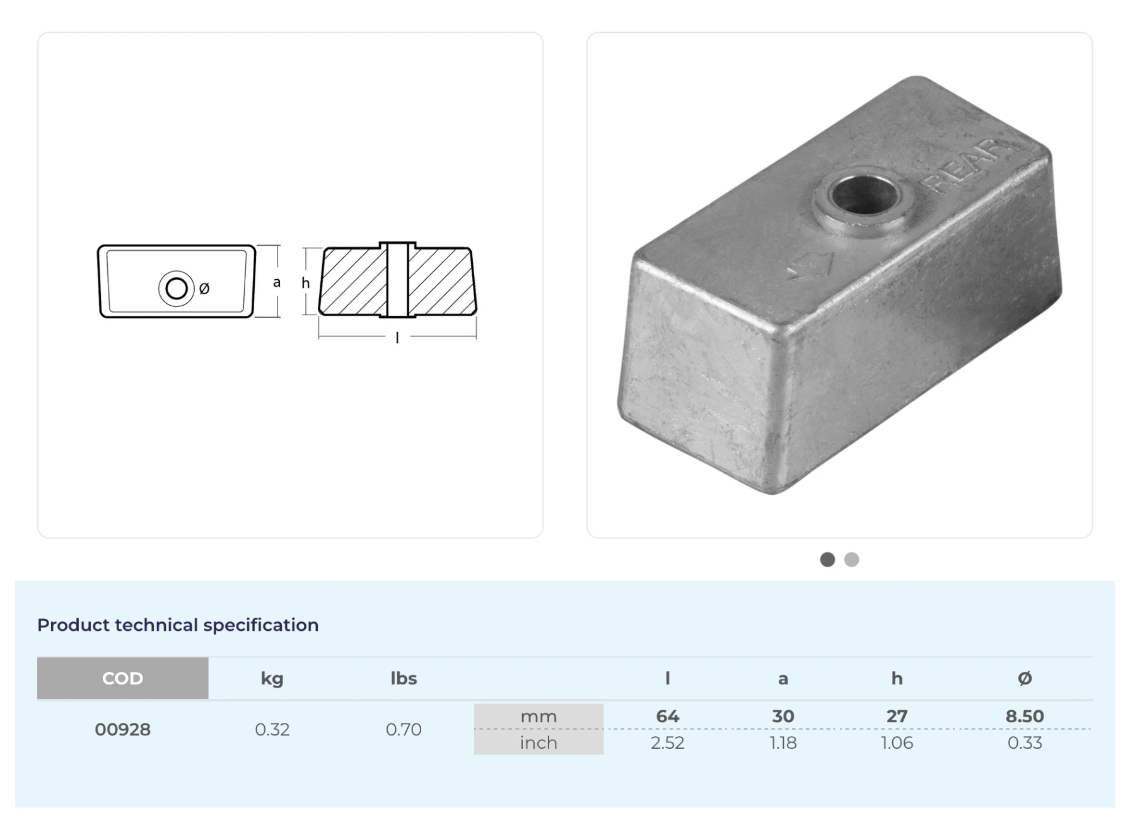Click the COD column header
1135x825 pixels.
coord(122,678)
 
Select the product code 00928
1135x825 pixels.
coord(122,729)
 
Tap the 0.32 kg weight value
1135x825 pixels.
coord(272,729)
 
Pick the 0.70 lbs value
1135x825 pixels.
coord(404,729)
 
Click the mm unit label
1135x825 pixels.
coord(538,717)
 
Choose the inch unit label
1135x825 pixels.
coord(538,742)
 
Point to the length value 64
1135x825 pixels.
coord(667,716)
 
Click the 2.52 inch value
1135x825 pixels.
coord(667,742)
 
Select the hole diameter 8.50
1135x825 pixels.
coord(1025,716)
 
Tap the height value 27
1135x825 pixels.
coord(897,716)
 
